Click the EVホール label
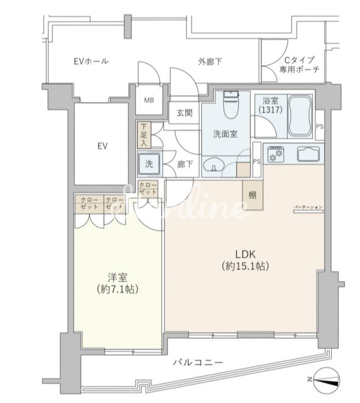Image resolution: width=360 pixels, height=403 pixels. click(90, 62)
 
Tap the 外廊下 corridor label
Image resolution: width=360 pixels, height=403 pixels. click(210, 62)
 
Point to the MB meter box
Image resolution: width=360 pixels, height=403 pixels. click(150, 100)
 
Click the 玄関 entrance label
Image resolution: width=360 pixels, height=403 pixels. click(184, 113)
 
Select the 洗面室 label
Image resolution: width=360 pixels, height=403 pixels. click(225, 133)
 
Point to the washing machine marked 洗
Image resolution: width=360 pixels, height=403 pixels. click(150, 164)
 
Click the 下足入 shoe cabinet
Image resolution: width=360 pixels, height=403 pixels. click(144, 135)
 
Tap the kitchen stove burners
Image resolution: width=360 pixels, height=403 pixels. click(276, 154)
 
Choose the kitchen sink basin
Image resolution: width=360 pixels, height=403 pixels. click(308, 154)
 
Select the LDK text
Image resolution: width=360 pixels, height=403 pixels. click(244, 254)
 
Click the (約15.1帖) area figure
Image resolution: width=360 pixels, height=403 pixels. click(244, 267)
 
